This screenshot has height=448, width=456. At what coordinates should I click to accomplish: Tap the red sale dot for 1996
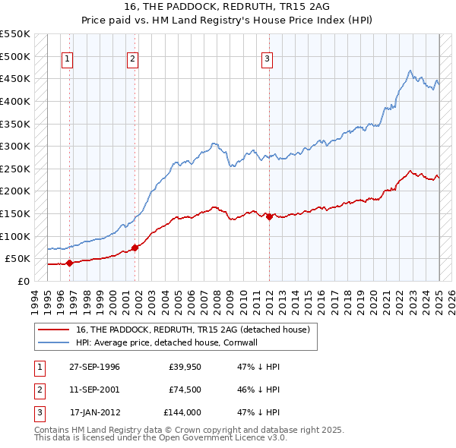coord(69,263)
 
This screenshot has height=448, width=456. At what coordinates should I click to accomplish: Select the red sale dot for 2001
coord(135,248)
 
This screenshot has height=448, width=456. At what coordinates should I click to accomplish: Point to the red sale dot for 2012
coord(269,216)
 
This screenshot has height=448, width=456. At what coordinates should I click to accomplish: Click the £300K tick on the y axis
coord(14,146)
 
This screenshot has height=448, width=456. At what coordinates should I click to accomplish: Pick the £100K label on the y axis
coord(14,236)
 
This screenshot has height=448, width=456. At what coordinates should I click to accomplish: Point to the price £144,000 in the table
coord(182,413)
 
